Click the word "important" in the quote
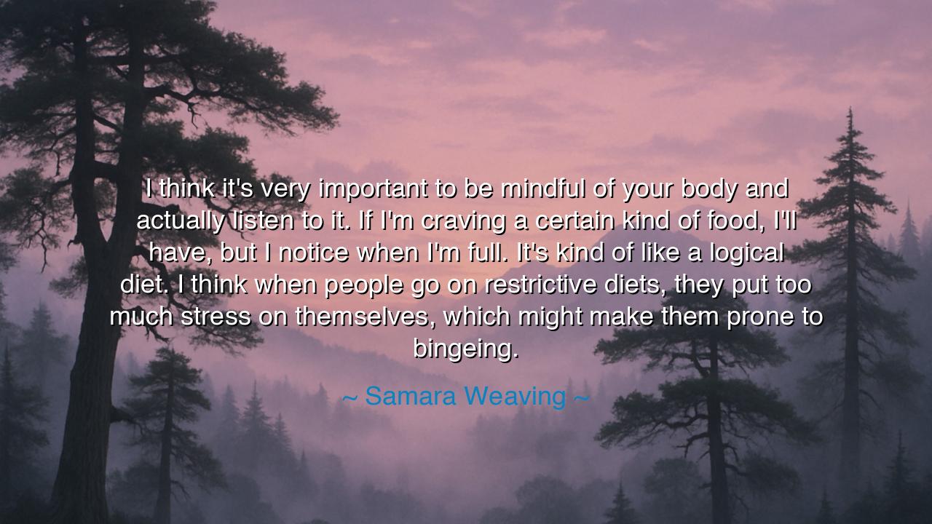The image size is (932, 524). pos(374,190)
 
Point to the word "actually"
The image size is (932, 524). pos(181,222)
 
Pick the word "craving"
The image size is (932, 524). pos(463,222)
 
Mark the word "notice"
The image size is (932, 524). pos(313,253)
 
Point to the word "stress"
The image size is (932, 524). pos(216,317)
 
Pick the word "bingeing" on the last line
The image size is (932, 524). pos(465,349)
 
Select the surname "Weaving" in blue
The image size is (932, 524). pos(515,397)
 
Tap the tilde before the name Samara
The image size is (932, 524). pos(350,397)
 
